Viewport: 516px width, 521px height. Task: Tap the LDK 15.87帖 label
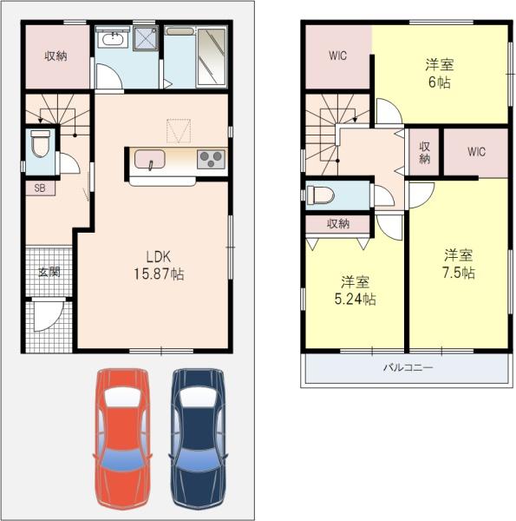pyautogui.click(x=159, y=266)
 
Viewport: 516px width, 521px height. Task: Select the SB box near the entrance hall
pyautogui.click(x=40, y=188)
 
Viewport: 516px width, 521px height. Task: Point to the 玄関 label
pyautogui.click(x=49, y=272)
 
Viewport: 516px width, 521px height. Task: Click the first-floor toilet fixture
pyautogui.click(x=41, y=143)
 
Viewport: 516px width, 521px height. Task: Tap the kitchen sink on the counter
pyautogui.click(x=150, y=159)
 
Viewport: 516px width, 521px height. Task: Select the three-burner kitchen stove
pyautogui.click(x=211, y=159)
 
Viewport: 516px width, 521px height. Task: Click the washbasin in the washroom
pyautogui.click(x=113, y=39)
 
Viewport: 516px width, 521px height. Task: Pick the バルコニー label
pyautogui.click(x=408, y=367)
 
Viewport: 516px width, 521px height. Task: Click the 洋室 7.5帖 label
pyautogui.click(x=459, y=264)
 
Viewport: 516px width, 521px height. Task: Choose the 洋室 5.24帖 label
pyautogui.click(x=355, y=291)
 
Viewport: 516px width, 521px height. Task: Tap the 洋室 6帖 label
pyautogui.click(x=440, y=74)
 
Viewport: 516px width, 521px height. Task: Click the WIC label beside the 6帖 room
pyautogui.click(x=338, y=56)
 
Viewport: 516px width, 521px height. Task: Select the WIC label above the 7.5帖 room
pyautogui.click(x=476, y=152)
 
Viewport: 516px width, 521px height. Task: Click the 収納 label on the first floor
pyautogui.click(x=56, y=56)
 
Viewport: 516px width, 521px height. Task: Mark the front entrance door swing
pyautogui.click(x=48, y=314)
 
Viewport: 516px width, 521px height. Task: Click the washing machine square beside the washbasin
pyautogui.click(x=146, y=38)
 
